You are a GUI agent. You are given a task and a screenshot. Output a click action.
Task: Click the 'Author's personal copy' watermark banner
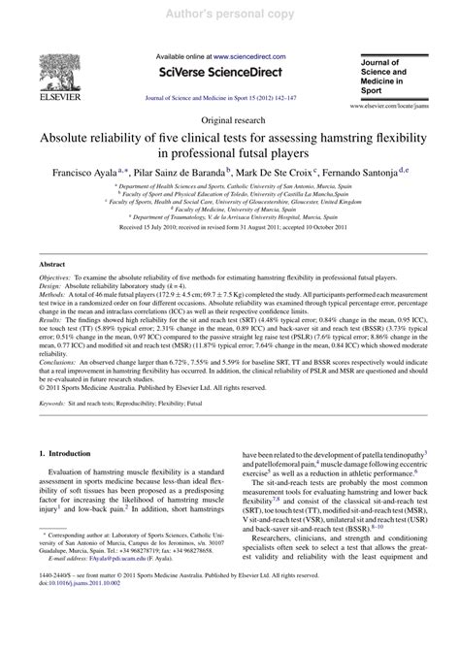click(x=229, y=9)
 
